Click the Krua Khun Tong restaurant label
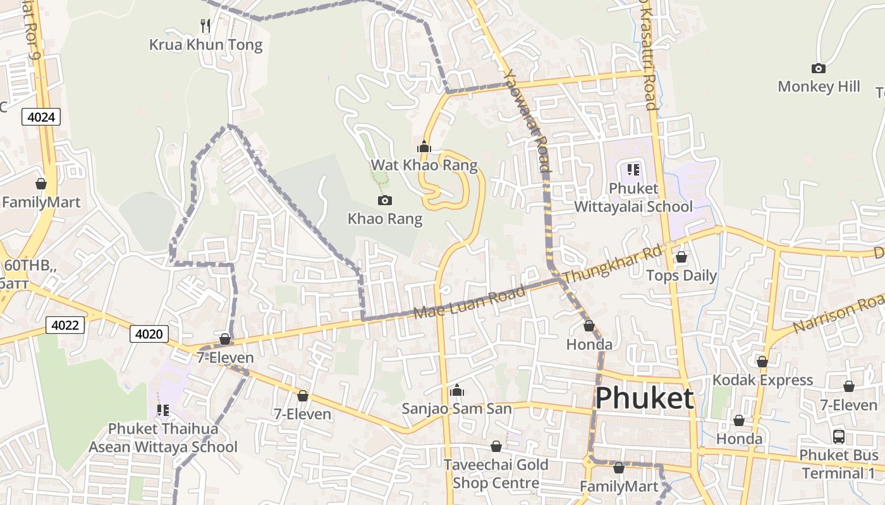(205, 45)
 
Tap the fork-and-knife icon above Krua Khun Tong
(205, 26)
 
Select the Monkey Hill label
(819, 86)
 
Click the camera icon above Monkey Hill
(818, 68)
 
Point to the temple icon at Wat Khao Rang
(424, 147)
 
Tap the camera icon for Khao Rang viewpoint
(384, 201)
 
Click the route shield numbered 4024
(41, 116)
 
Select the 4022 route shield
(64, 325)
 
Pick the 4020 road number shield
(149, 333)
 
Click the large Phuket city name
(644, 398)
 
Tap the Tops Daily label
(681, 276)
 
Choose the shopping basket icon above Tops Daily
(681, 257)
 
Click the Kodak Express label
(762, 380)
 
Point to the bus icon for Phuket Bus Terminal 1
(838, 436)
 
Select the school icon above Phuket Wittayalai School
(633, 169)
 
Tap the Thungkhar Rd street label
(611, 264)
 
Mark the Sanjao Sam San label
(456, 408)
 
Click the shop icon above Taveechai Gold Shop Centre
(496, 446)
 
